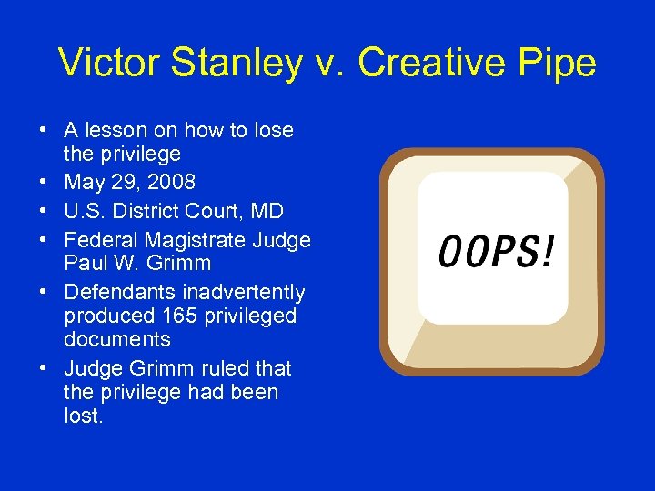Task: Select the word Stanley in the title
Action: [221, 63]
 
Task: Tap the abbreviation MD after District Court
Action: [268, 211]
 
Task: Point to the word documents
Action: [116, 339]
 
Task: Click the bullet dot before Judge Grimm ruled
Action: [45, 368]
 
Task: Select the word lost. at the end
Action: [84, 416]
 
